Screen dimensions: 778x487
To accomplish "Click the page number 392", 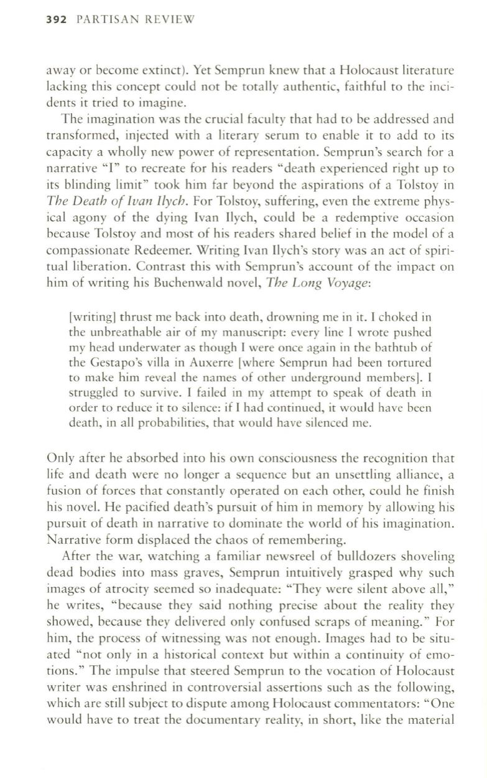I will (x=58, y=20).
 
